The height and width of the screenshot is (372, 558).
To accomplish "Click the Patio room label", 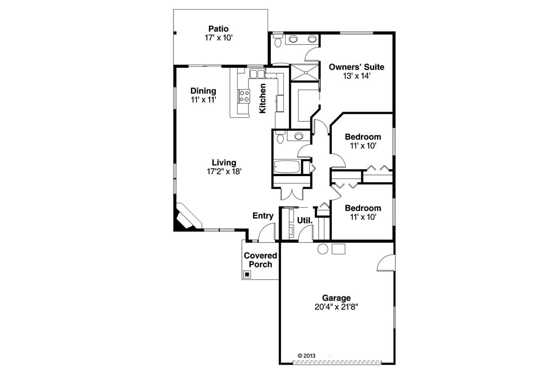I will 218,29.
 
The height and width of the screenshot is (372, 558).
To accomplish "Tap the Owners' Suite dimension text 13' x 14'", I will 356,75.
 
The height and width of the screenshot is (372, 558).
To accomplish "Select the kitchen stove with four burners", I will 244,96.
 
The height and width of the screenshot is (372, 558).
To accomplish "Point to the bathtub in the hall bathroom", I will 286,167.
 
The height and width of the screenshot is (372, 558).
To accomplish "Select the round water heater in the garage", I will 323,249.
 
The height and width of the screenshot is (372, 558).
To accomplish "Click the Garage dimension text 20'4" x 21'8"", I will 336,307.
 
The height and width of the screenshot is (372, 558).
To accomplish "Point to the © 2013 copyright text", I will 306,355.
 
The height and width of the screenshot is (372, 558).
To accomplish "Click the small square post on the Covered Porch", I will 247,274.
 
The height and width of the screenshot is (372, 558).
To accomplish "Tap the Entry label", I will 263,216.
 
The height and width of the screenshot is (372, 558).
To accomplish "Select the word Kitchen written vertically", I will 262,99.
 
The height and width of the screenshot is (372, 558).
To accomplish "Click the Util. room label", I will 305,221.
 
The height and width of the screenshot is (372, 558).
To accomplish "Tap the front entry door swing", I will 267,233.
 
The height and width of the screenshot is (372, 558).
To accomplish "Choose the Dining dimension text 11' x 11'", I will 203,99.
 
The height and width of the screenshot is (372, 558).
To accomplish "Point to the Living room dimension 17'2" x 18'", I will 224,171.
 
